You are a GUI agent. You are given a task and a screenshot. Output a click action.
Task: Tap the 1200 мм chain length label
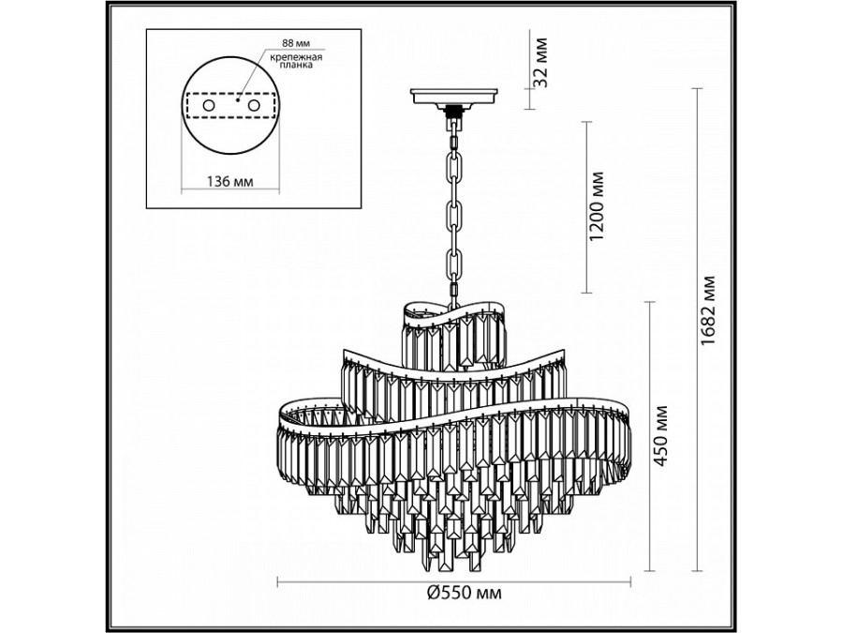pos(597,206)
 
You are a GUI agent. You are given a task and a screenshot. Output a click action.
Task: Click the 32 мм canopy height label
pos(540,62)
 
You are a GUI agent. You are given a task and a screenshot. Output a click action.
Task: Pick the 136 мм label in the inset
pos(229,181)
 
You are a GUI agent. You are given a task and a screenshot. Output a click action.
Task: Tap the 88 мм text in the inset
pos(296,42)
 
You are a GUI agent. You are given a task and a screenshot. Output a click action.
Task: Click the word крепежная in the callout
pos(296,57)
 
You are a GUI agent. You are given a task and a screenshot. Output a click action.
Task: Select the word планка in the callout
pos(296,66)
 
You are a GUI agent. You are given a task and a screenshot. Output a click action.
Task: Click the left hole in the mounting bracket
pos(209,105)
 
